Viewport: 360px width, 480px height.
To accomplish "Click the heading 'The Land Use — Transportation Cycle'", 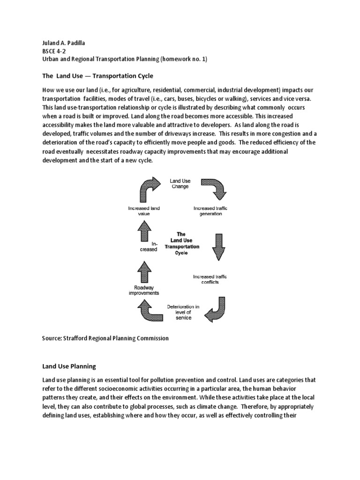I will click(x=98, y=75).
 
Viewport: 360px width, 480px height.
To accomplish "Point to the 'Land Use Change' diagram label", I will click(x=180, y=183).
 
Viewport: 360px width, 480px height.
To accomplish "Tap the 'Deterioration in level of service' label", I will click(x=183, y=313).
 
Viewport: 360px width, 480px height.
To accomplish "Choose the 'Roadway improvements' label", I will click(x=143, y=290).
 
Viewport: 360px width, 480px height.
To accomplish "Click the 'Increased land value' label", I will click(x=144, y=211).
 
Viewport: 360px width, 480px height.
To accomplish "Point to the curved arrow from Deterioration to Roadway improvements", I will click(x=149, y=312).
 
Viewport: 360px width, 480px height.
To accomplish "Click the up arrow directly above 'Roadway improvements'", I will click(x=144, y=271).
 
